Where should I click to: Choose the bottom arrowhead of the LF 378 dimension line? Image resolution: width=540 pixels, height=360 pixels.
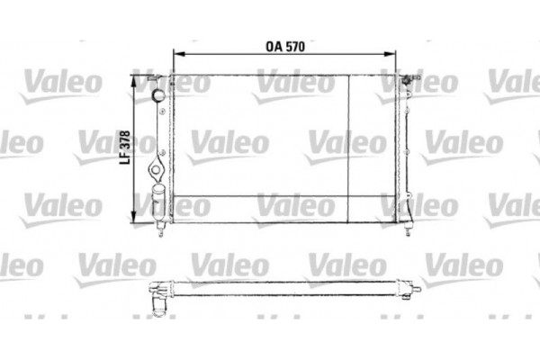(136, 219)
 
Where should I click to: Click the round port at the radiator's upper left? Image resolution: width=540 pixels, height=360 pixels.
(157, 94)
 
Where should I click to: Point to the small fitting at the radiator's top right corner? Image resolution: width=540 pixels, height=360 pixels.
(412, 80)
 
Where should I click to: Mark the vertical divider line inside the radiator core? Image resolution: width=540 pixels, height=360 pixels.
(347, 144)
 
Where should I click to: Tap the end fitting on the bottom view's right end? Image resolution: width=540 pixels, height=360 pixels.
(416, 289)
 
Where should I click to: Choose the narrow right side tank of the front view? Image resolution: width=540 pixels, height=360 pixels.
(401, 148)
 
